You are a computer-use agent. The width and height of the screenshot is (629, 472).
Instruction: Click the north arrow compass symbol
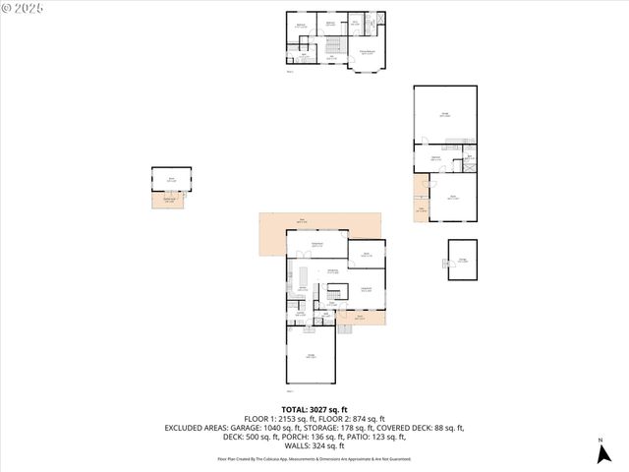click(x=600, y=453)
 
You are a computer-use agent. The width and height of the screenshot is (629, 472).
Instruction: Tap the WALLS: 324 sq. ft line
click(x=314, y=445)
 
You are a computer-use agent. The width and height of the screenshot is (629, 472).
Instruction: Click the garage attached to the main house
click(x=311, y=356)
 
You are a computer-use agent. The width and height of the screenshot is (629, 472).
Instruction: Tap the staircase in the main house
click(x=336, y=293)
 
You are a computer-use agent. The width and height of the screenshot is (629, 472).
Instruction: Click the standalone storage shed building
click(x=462, y=260)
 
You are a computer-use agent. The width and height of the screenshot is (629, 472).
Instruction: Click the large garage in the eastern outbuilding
click(x=445, y=116)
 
